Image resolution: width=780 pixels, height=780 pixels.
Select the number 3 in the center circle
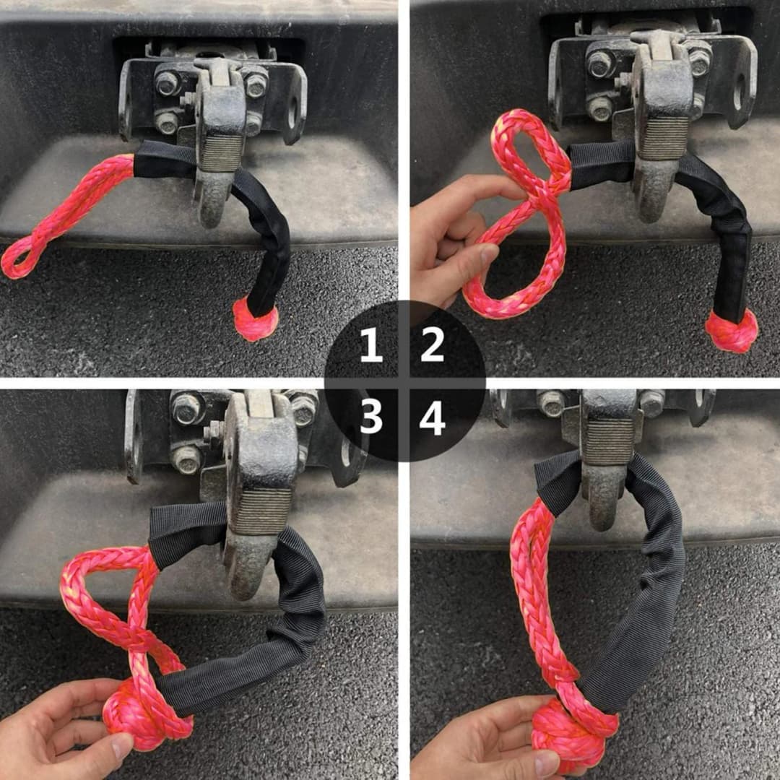(x=371, y=417)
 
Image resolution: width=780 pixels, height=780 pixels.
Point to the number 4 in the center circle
(x=432, y=417)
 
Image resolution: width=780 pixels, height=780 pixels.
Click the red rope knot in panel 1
(x=255, y=321)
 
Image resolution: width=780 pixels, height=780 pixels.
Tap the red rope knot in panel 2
(x=731, y=330)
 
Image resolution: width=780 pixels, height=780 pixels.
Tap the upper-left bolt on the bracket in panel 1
(x=168, y=83)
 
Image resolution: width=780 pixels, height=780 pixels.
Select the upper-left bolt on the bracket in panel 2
(x=601, y=63)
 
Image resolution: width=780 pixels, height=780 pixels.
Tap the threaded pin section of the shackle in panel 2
(x=664, y=138)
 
